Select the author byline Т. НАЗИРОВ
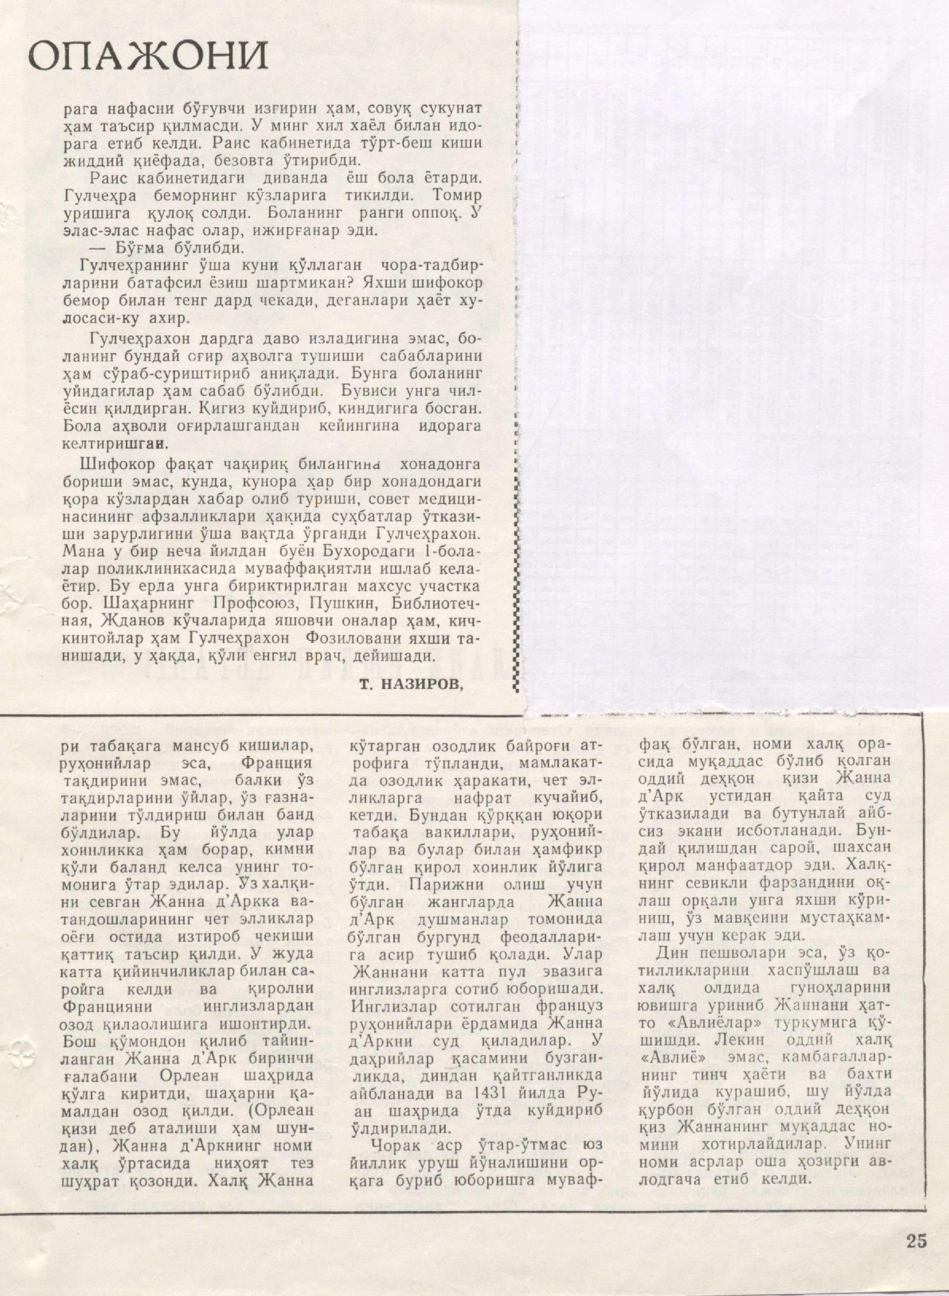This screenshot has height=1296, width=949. (411, 684)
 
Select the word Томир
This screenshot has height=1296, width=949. (454, 195)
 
